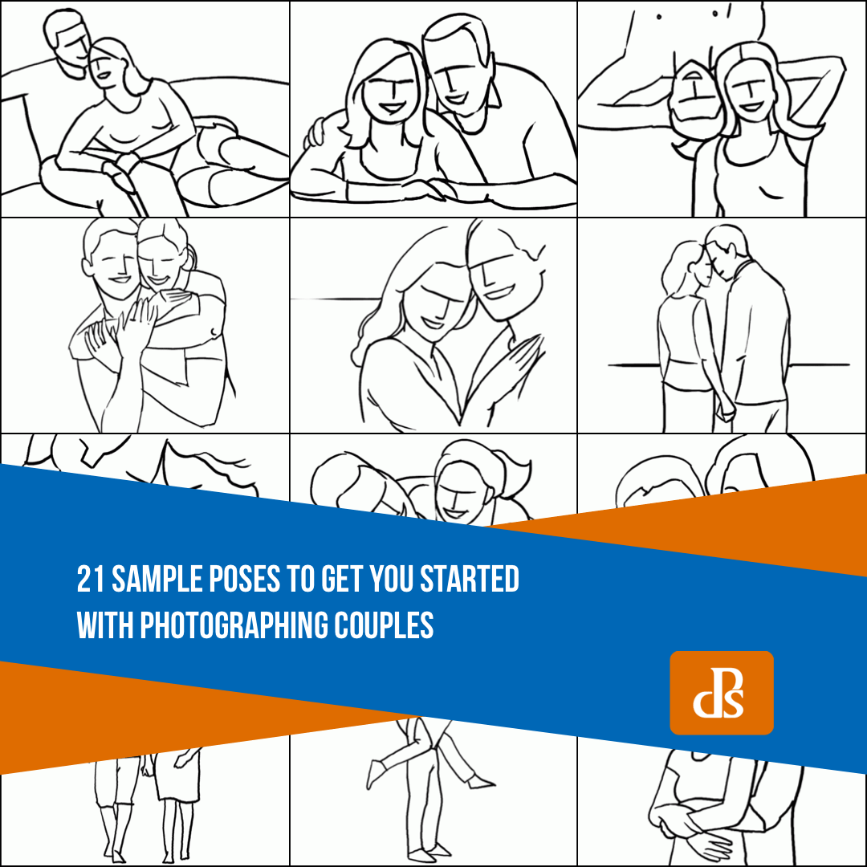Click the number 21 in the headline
[x=91, y=579]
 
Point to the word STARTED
[x=470, y=579]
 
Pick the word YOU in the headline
[x=392, y=579]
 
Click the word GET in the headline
[x=342, y=579]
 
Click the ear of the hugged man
[x=88, y=267]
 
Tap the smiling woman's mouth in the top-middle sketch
[x=392, y=106]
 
